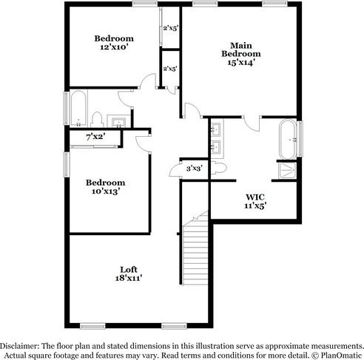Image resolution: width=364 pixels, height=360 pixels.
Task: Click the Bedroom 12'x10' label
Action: [113, 43]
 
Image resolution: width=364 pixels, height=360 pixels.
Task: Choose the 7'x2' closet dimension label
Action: [95, 137]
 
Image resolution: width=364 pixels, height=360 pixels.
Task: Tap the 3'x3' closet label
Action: [194, 169]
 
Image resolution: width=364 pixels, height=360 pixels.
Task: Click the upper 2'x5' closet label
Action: [170, 28]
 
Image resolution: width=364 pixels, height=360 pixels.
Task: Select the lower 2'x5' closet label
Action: [170, 69]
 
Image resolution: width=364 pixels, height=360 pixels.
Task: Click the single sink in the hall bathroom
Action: [117, 120]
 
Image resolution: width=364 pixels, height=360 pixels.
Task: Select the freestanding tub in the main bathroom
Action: [288, 139]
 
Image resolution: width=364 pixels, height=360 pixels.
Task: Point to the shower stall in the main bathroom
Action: [286, 171]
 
